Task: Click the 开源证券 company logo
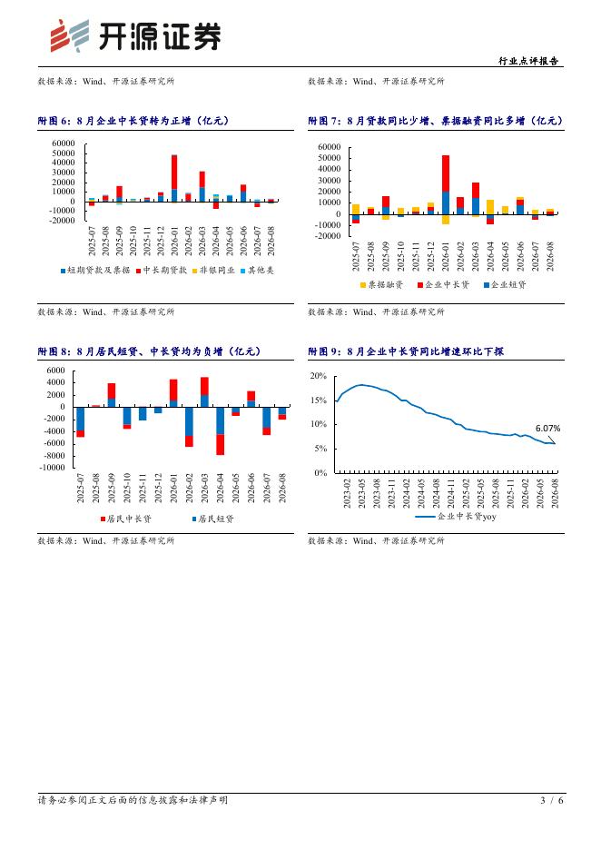click(135, 35)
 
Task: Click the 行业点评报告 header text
click(528, 61)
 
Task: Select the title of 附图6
click(133, 121)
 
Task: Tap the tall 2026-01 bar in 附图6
click(174, 178)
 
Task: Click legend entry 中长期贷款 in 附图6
click(161, 270)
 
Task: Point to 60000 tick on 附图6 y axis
click(64, 143)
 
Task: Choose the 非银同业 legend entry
click(213, 270)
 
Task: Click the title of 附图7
click(436, 121)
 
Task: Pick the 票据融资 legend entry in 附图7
click(381, 284)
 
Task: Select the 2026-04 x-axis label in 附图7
click(490, 256)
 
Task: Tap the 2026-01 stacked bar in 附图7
click(446, 190)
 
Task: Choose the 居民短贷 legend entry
click(213, 519)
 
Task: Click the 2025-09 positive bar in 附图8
click(112, 395)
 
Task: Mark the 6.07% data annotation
click(548, 429)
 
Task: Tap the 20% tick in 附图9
click(318, 376)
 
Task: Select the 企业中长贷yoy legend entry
click(456, 517)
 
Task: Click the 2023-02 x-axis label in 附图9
click(347, 493)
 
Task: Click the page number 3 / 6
click(552, 800)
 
